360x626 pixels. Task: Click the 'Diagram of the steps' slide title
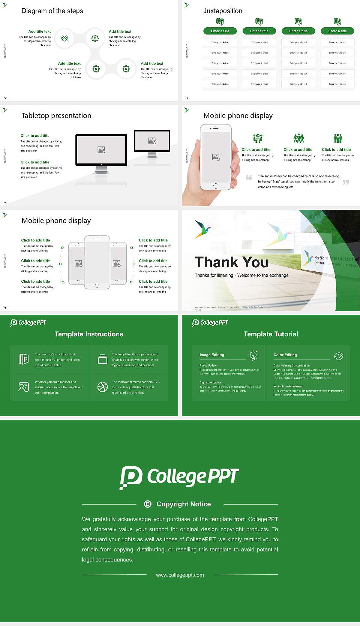52,11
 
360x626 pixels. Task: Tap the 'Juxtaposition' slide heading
222,11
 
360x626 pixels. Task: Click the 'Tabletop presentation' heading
56,115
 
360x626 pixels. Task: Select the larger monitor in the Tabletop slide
101,150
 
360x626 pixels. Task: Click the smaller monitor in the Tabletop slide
152,141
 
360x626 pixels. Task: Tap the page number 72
5,97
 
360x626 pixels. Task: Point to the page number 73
187,97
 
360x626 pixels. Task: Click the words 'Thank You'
231,262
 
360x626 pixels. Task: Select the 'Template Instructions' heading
89,334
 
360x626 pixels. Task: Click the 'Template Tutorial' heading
271,334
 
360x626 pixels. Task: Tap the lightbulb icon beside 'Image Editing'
253,355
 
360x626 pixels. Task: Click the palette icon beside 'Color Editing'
338,356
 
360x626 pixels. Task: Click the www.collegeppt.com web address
180,575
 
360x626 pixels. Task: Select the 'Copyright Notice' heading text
184,504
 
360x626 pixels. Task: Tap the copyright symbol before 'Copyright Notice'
148,504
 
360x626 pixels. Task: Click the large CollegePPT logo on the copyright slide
179,477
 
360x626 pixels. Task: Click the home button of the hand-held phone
216,186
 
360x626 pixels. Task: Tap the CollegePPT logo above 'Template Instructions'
28,322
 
